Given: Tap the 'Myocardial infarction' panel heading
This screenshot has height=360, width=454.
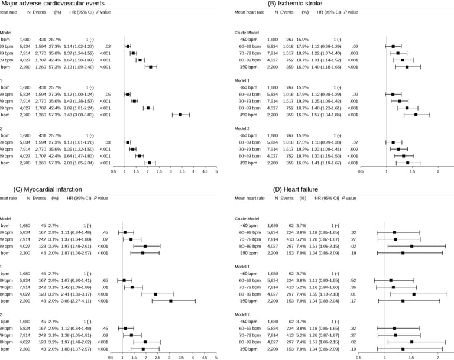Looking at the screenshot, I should (x=49, y=189).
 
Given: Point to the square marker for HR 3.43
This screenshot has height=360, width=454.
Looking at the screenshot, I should (x=180, y=114).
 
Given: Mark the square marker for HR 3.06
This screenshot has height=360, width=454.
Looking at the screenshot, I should (x=170, y=300).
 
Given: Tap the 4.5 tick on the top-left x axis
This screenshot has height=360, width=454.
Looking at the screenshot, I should (x=205, y=172).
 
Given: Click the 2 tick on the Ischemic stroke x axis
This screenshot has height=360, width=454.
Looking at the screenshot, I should (x=437, y=172).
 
